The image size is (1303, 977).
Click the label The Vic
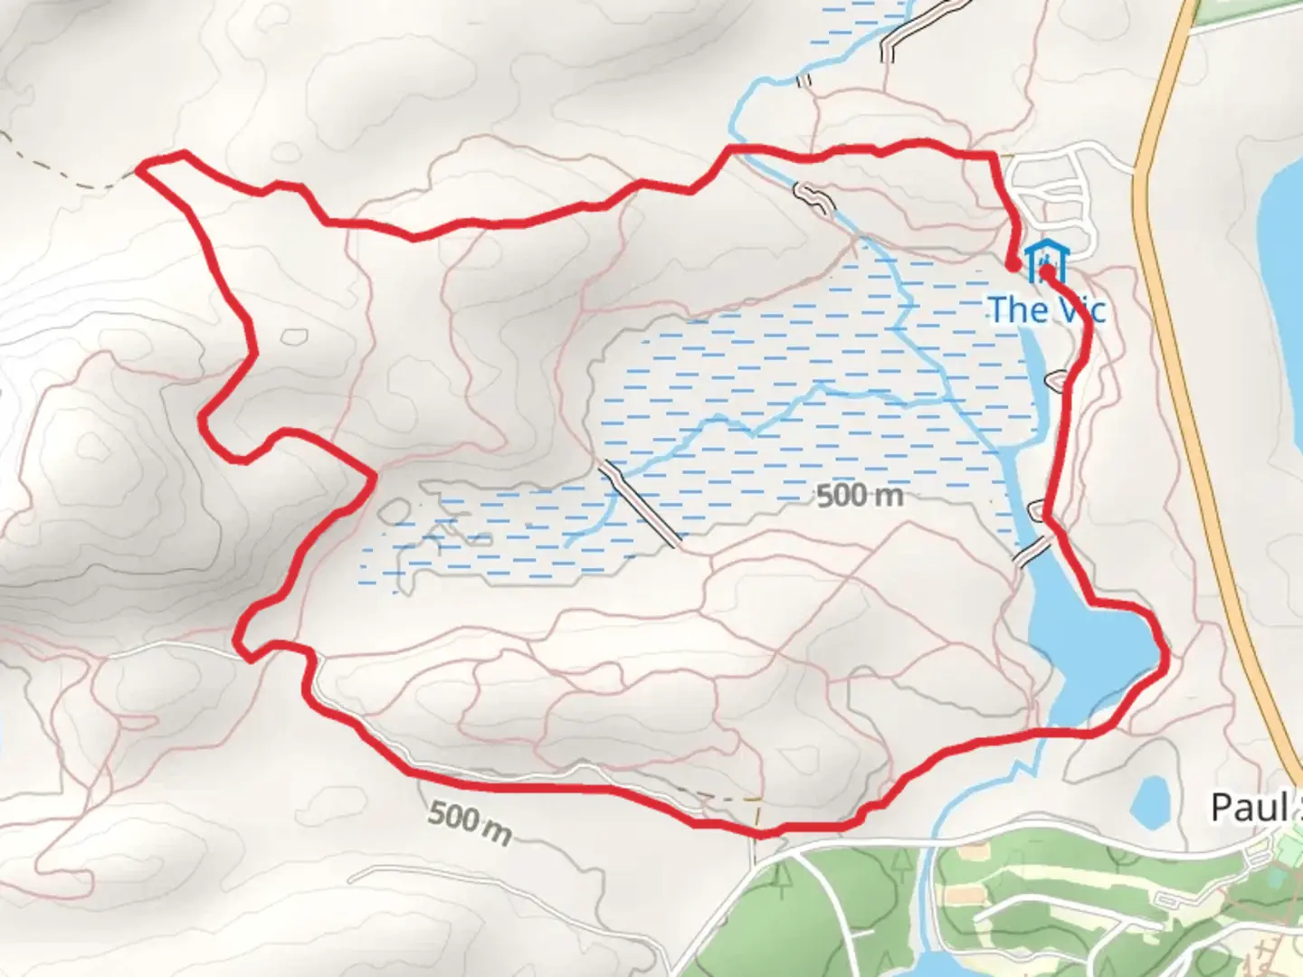point(1046,309)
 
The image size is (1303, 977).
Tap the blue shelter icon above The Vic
point(1047,259)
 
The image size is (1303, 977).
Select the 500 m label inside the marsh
point(860,496)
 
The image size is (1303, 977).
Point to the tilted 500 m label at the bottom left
point(469,821)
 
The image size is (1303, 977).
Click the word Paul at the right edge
point(1249,808)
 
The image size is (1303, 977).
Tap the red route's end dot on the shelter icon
point(1046,270)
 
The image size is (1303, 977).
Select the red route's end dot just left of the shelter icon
point(1012,264)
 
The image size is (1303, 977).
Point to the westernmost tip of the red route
point(140,166)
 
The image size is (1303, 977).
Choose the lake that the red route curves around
point(1086,642)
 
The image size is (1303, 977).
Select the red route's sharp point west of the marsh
point(373,476)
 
